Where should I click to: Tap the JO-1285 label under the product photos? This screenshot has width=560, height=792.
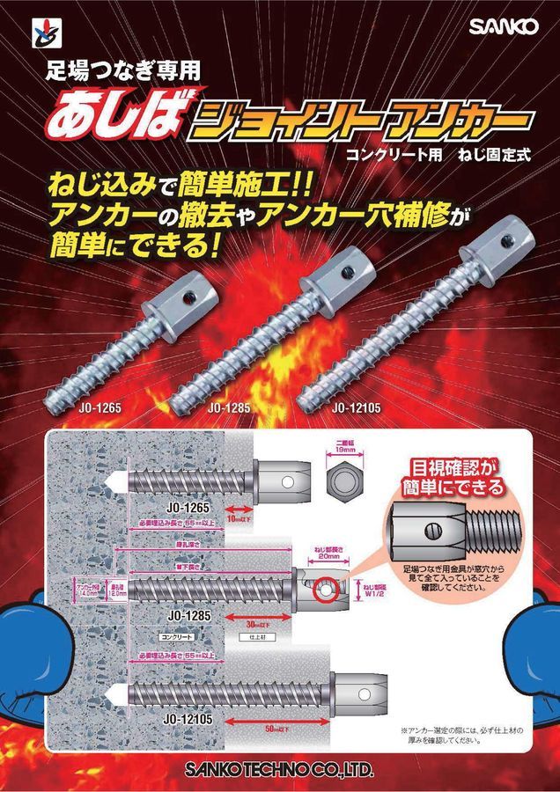coord(227,408)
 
